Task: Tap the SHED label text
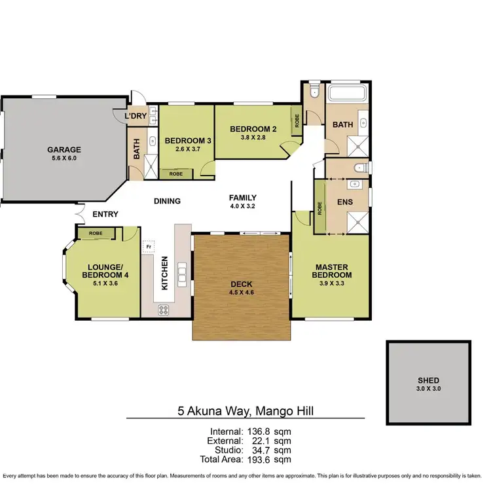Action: [429, 380]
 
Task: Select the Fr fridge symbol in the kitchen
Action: [149, 247]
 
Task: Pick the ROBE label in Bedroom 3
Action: [176, 174]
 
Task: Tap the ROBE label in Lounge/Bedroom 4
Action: [96, 232]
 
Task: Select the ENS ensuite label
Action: [345, 202]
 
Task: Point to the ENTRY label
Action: [105, 214]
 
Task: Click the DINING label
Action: [167, 201]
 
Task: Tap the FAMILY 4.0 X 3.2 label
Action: [242, 202]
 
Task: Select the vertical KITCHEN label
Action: [165, 274]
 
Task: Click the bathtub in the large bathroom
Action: [349, 94]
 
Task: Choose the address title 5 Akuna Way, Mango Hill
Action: [245, 413]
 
